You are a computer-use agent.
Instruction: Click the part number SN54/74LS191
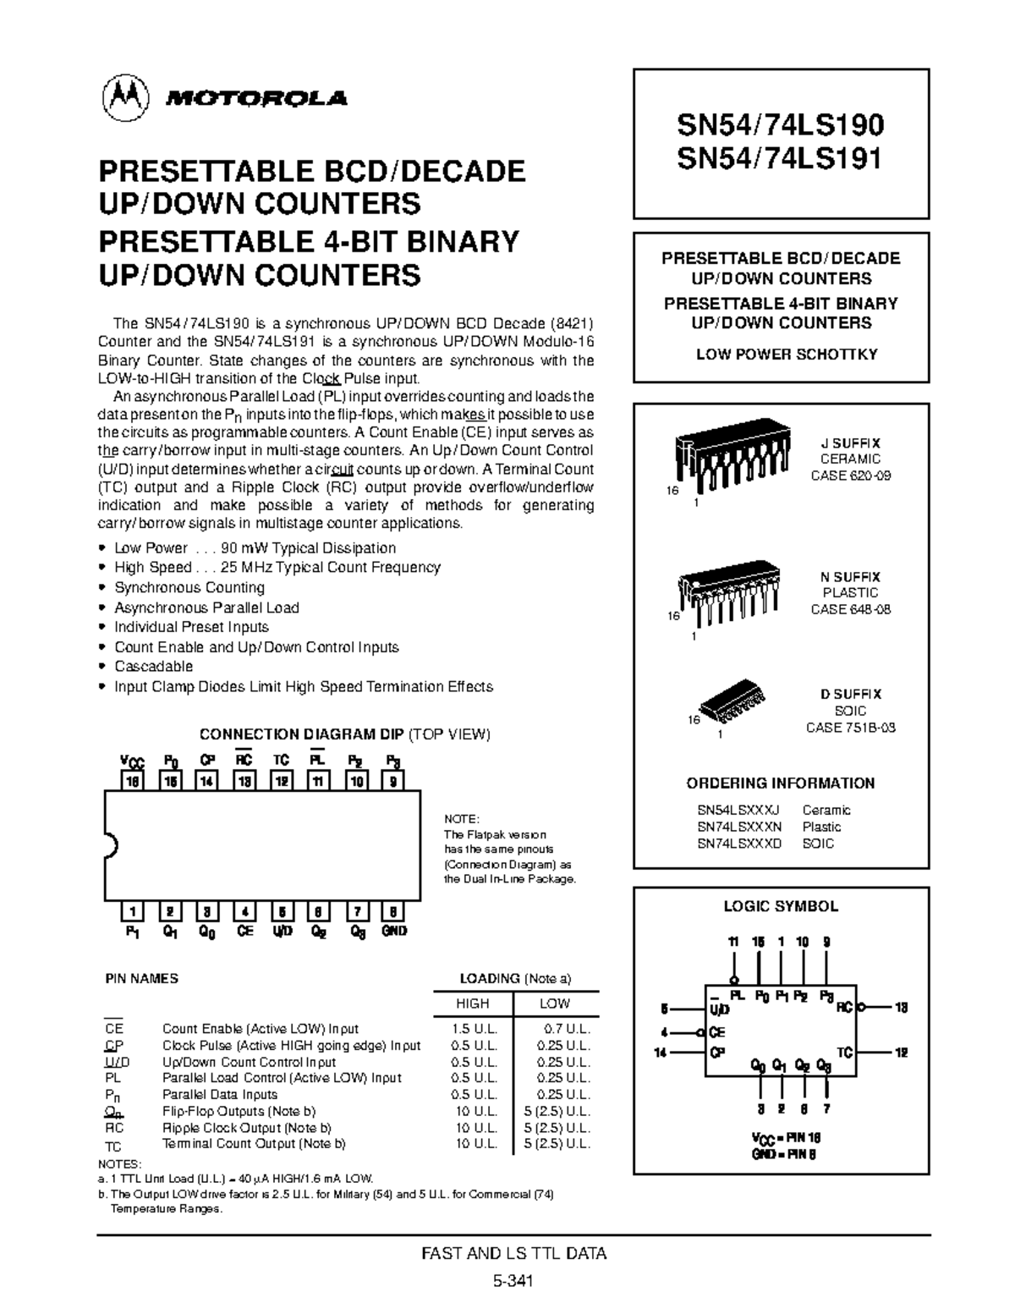(x=779, y=158)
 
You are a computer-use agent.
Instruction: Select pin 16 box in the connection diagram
(x=132, y=781)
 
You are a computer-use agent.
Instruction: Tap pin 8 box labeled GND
(x=393, y=911)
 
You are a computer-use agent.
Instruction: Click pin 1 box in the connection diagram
(x=132, y=911)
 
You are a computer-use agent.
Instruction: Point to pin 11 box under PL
(x=317, y=781)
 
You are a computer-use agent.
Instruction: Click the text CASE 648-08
(x=850, y=609)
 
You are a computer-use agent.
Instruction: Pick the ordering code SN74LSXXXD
(x=739, y=844)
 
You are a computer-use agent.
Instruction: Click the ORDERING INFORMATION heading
(x=780, y=783)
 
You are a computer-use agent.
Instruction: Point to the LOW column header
(x=555, y=1003)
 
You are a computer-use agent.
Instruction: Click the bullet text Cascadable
(x=153, y=667)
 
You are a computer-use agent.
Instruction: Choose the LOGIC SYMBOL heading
(x=780, y=906)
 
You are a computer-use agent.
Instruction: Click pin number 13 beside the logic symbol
(x=901, y=1008)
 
